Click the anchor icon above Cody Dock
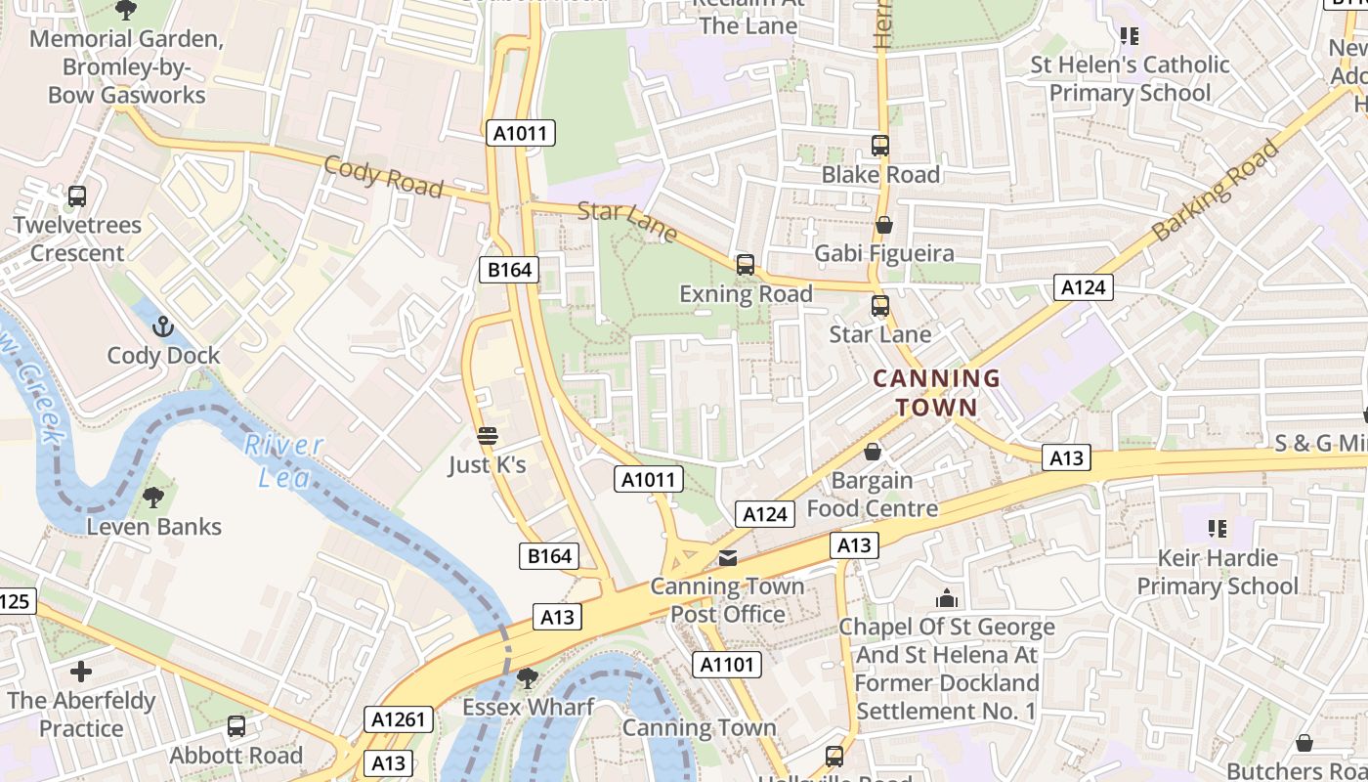tap(163, 326)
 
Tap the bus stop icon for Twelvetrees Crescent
tap(77, 196)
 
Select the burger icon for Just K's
tap(487, 436)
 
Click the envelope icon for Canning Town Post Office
tap(728, 558)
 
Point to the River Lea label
tap(283, 460)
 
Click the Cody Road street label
tap(383, 176)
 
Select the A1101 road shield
tap(726, 666)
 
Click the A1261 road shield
tap(399, 720)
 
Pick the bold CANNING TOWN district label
tap(936, 393)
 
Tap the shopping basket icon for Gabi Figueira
tap(884, 225)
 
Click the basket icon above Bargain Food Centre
tap(873, 452)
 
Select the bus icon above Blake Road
tap(880, 146)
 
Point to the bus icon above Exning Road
tap(746, 265)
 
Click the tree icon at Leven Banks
tap(153, 498)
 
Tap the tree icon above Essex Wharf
tap(528, 677)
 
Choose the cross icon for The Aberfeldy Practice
tap(81, 672)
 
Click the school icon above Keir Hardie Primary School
tap(1217, 529)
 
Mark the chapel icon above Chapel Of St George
tap(946, 598)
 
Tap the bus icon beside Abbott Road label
tap(236, 726)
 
